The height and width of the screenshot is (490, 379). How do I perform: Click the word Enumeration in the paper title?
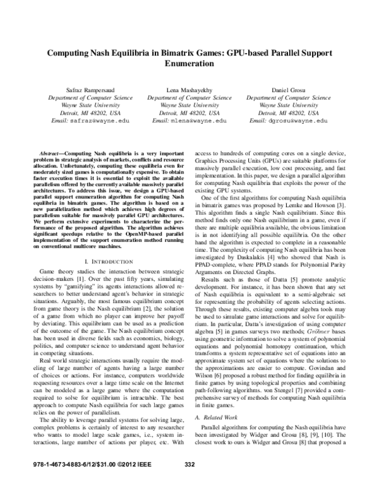click(x=190, y=64)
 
